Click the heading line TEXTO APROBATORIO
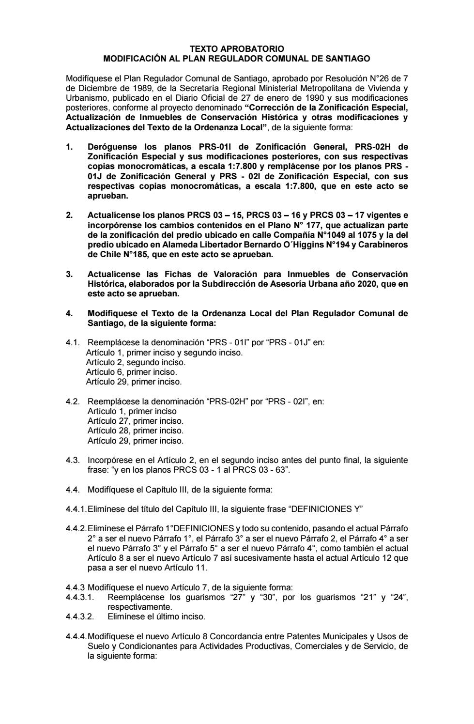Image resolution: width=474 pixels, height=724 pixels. (x=237, y=49)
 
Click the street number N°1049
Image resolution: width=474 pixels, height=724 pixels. (x=344, y=234)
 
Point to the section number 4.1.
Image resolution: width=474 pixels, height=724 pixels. (x=73, y=342)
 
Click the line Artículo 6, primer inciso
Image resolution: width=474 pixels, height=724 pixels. (x=132, y=372)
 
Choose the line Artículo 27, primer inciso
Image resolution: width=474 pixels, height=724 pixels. (x=135, y=421)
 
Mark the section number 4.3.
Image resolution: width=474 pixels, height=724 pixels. (x=73, y=460)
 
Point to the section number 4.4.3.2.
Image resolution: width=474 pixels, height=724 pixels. (x=80, y=616)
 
